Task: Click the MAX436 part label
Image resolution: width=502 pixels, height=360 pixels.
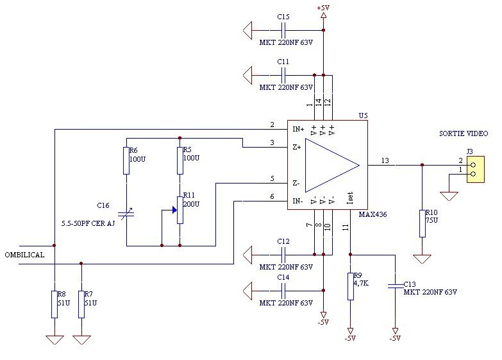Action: click(372, 214)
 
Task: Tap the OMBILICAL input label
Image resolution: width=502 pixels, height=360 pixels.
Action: click(24, 255)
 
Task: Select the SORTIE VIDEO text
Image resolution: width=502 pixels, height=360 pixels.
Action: click(464, 133)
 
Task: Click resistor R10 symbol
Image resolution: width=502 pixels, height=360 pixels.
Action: click(423, 224)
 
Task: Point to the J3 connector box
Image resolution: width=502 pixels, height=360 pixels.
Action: click(476, 169)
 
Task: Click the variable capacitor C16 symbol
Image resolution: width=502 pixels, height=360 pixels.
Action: click(126, 214)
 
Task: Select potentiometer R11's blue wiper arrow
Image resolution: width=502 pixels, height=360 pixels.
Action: click(174, 210)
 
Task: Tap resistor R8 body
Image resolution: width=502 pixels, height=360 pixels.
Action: click(54, 304)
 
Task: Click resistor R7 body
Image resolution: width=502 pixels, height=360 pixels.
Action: click(81, 304)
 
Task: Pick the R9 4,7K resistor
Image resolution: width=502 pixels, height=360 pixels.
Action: click(351, 286)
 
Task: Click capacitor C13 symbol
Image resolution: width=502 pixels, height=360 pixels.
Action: click(396, 286)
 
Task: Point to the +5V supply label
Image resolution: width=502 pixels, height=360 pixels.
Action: click(323, 8)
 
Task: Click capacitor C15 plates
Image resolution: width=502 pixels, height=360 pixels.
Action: click(283, 30)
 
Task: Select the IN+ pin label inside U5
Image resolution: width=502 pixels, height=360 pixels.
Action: click(298, 129)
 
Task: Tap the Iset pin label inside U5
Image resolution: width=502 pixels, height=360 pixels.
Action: click(350, 198)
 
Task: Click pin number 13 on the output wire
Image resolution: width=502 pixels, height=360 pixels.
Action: click(385, 160)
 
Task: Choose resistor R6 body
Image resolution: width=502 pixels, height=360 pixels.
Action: click(126, 160)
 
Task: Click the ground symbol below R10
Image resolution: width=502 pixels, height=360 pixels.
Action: click(422, 259)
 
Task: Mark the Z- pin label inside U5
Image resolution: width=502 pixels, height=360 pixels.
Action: click(296, 184)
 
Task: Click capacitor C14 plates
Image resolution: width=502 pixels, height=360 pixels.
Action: click(283, 291)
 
